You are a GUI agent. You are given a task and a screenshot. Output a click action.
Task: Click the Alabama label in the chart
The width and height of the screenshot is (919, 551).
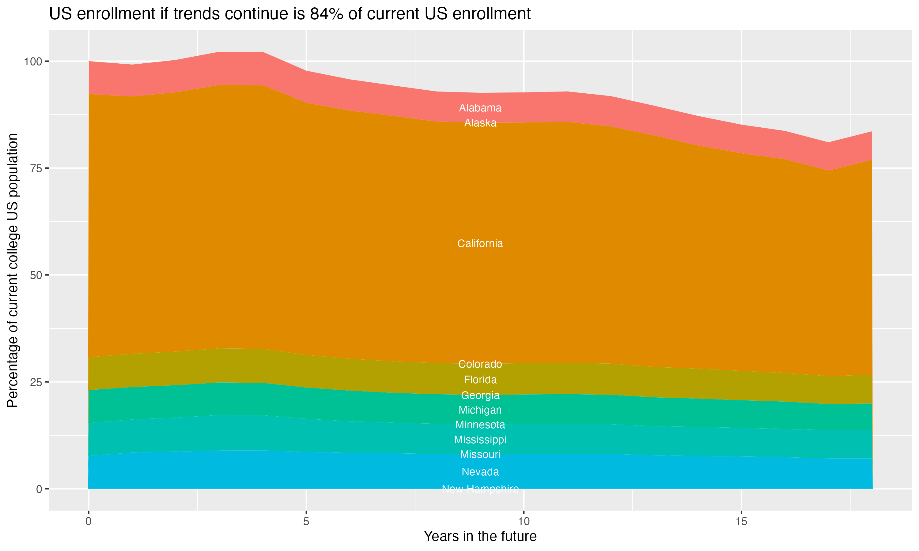pyautogui.click(x=480, y=108)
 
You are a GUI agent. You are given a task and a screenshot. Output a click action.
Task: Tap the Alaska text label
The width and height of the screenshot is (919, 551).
pyautogui.click(x=480, y=123)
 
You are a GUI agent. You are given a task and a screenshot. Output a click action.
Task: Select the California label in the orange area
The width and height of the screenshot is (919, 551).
pyautogui.click(x=480, y=244)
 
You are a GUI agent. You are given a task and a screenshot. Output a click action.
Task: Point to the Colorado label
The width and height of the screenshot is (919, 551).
pyautogui.click(x=480, y=364)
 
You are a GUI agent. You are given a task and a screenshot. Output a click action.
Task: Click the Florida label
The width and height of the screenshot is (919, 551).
pyautogui.click(x=480, y=380)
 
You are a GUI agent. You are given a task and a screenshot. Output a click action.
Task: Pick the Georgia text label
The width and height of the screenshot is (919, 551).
pyautogui.click(x=480, y=395)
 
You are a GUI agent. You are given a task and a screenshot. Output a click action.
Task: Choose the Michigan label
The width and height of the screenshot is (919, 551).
pyautogui.click(x=480, y=410)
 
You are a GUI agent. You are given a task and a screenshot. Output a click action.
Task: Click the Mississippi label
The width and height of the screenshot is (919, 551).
pyautogui.click(x=480, y=440)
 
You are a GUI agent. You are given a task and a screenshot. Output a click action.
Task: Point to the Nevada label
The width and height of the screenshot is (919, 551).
pyautogui.click(x=480, y=472)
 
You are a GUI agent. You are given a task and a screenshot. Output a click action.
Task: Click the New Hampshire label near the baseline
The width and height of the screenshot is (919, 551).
pyautogui.click(x=480, y=489)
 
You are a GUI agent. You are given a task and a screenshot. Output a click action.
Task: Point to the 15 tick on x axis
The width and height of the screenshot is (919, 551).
pyautogui.click(x=741, y=522)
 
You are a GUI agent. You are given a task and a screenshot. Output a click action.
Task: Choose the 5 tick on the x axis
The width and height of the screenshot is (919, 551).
pyautogui.click(x=306, y=522)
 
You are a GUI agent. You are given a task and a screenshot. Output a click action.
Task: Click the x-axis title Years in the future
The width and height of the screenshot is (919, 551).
pyautogui.click(x=480, y=537)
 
